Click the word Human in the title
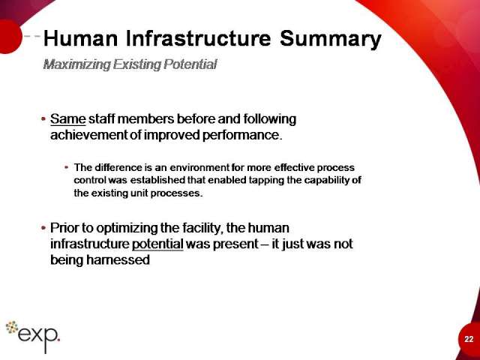pos(81,38)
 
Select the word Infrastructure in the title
pos(198,38)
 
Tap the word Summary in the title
pos(330,40)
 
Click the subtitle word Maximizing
pos(76,64)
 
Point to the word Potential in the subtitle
pos(190,64)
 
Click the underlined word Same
pos(68,118)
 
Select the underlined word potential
pos(157,244)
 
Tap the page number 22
pos(469,339)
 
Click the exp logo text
pos(38,337)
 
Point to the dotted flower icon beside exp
pos(12,327)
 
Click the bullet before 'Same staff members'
pos(43,118)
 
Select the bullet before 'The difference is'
pos(67,167)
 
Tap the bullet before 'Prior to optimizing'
pos(43,228)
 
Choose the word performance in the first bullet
pos(241,135)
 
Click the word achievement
pos(88,135)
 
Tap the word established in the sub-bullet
pos(157,180)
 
